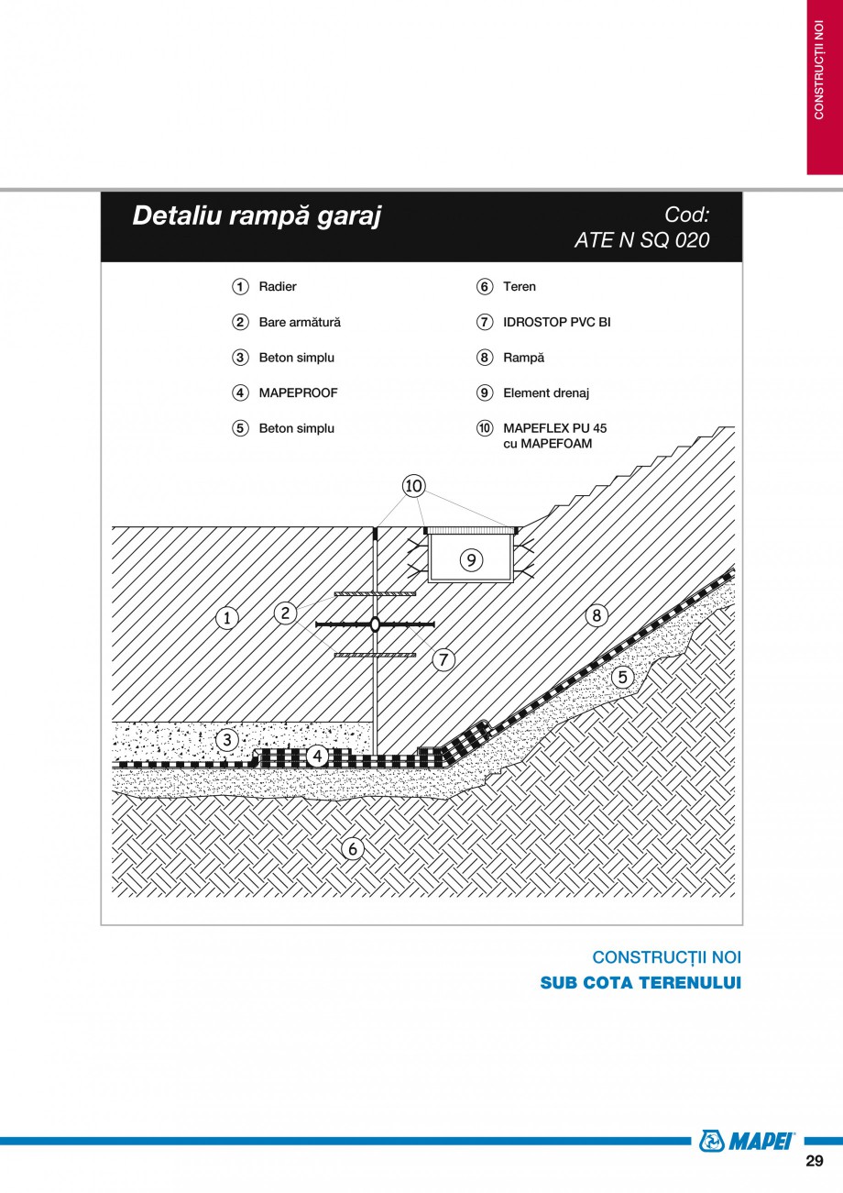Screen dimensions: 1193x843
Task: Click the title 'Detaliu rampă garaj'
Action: click(x=257, y=215)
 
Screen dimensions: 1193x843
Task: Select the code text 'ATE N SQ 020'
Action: click(x=641, y=240)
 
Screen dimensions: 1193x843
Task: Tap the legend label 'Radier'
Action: click(x=278, y=287)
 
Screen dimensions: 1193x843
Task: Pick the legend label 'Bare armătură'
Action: click(x=300, y=322)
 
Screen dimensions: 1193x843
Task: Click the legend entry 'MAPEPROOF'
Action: click(x=298, y=392)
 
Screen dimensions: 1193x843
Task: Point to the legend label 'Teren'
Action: click(x=520, y=287)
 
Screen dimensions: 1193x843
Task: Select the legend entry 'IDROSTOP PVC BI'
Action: click(x=556, y=322)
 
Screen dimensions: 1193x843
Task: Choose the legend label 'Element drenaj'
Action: click(x=545, y=392)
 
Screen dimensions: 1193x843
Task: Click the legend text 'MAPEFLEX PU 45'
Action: click(x=554, y=428)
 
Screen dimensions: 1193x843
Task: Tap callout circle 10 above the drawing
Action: click(x=414, y=485)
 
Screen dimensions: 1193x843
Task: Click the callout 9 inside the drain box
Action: click(x=471, y=558)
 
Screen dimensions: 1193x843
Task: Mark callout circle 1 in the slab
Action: click(x=226, y=618)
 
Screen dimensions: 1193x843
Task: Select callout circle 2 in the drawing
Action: click(x=286, y=613)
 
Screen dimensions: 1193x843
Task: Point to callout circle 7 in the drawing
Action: click(x=443, y=658)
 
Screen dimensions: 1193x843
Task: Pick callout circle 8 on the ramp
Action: click(x=597, y=615)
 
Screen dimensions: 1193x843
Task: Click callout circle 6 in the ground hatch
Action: click(x=353, y=848)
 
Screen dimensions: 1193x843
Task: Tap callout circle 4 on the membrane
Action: click(x=317, y=756)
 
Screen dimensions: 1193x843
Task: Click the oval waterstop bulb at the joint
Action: click(x=375, y=624)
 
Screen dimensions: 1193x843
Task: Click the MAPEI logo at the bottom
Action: click(x=747, y=1140)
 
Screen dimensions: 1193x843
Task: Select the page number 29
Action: click(x=814, y=1162)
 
